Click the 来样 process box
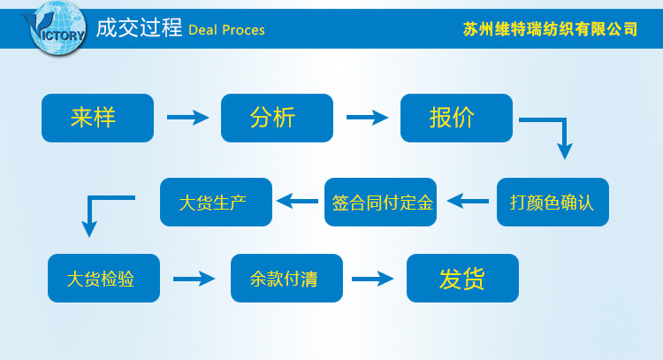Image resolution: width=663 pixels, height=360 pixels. pyautogui.click(x=97, y=118)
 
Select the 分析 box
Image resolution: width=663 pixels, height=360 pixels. pyautogui.click(x=277, y=118)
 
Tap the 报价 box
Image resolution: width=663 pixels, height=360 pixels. pyautogui.click(x=456, y=118)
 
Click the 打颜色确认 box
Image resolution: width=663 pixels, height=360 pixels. pyautogui.click(x=552, y=202)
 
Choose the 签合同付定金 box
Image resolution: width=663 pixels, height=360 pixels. pyautogui.click(x=380, y=202)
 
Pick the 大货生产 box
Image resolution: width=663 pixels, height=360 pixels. pyautogui.click(x=216, y=202)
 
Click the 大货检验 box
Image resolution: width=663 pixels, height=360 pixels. pyautogui.click(x=103, y=279)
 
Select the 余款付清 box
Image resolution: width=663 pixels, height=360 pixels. pyautogui.click(x=286, y=279)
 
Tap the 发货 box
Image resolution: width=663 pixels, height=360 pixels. pyautogui.click(x=462, y=279)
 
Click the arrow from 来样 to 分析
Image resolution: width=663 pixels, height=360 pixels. pyautogui.click(x=187, y=117)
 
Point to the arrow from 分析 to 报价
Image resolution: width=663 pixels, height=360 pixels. pyautogui.click(x=367, y=117)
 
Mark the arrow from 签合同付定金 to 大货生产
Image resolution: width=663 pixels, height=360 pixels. pyautogui.click(x=297, y=202)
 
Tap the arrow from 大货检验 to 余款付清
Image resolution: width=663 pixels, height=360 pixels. pyautogui.click(x=194, y=279)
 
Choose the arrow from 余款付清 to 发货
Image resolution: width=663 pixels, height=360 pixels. pyautogui.click(x=372, y=279)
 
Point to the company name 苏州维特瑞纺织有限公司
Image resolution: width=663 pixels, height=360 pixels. pyautogui.click(x=550, y=29)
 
